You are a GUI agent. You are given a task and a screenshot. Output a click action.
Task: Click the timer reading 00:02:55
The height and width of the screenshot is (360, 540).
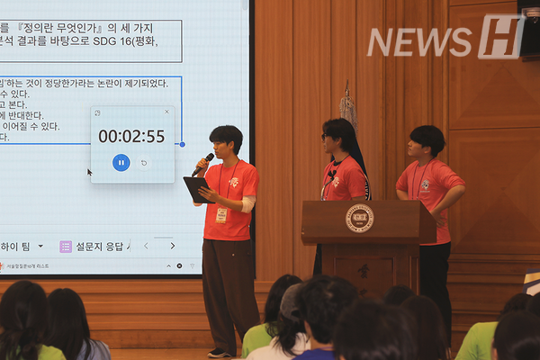click(131, 137)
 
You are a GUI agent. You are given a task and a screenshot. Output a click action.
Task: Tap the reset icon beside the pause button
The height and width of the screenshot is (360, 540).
click(144, 163)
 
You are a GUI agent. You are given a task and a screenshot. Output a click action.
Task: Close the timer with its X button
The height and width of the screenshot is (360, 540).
click(166, 112)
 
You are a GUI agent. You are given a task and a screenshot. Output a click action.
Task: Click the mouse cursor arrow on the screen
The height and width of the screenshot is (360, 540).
click(89, 171)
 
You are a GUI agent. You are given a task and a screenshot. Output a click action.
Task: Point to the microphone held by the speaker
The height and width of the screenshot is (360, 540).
click(203, 164)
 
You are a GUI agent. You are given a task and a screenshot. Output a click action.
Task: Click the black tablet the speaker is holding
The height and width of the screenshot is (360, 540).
click(197, 189)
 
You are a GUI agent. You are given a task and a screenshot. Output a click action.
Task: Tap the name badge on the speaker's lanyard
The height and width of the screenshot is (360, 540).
click(221, 214)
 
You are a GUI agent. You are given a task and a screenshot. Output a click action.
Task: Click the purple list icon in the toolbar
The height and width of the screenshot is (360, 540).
click(66, 246)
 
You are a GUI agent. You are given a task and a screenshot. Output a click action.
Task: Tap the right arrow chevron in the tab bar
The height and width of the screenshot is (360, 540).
click(172, 246)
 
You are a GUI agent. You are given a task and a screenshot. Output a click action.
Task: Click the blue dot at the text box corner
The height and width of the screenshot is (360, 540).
click(182, 144)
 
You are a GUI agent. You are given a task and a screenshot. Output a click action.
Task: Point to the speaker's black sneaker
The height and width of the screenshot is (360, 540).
click(219, 352)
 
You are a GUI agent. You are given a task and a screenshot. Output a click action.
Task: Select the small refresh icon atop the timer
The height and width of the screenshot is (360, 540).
click(97, 113)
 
